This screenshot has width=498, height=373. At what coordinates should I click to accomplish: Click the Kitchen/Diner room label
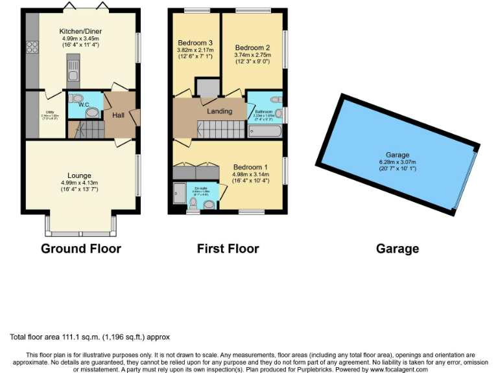click(x=80, y=31)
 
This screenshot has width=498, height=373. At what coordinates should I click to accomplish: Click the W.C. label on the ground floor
click(x=83, y=104)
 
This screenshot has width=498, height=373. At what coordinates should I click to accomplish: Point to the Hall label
click(x=119, y=115)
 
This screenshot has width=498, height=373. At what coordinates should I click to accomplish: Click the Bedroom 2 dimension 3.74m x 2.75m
click(x=252, y=56)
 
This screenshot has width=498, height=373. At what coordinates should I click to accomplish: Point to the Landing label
click(x=219, y=111)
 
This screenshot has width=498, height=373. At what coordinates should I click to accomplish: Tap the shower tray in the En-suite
click(x=179, y=193)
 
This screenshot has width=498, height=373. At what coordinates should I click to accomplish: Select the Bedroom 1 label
click(x=249, y=166)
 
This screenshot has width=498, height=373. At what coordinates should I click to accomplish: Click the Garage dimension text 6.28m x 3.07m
click(x=397, y=163)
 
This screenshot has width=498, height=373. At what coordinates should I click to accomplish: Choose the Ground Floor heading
click(x=81, y=249)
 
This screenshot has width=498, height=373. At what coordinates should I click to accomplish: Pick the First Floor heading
click(x=228, y=249)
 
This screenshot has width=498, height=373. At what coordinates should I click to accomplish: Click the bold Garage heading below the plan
click(x=397, y=249)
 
